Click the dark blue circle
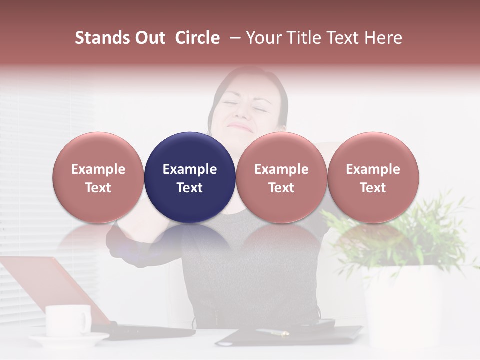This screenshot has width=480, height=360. (x=190, y=177)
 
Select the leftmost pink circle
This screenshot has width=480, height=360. (x=98, y=177)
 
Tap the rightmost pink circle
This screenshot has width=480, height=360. (x=373, y=177)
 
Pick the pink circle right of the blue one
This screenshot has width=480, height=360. (x=281, y=177)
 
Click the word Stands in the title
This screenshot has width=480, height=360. (x=103, y=38)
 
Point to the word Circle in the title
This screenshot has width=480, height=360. (x=197, y=38)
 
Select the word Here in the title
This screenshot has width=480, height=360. (x=384, y=38)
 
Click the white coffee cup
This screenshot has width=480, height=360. (x=68, y=320)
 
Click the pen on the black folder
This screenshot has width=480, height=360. (x=272, y=332)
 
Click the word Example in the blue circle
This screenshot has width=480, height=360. (x=190, y=169)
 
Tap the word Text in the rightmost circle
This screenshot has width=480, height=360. (x=373, y=188)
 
